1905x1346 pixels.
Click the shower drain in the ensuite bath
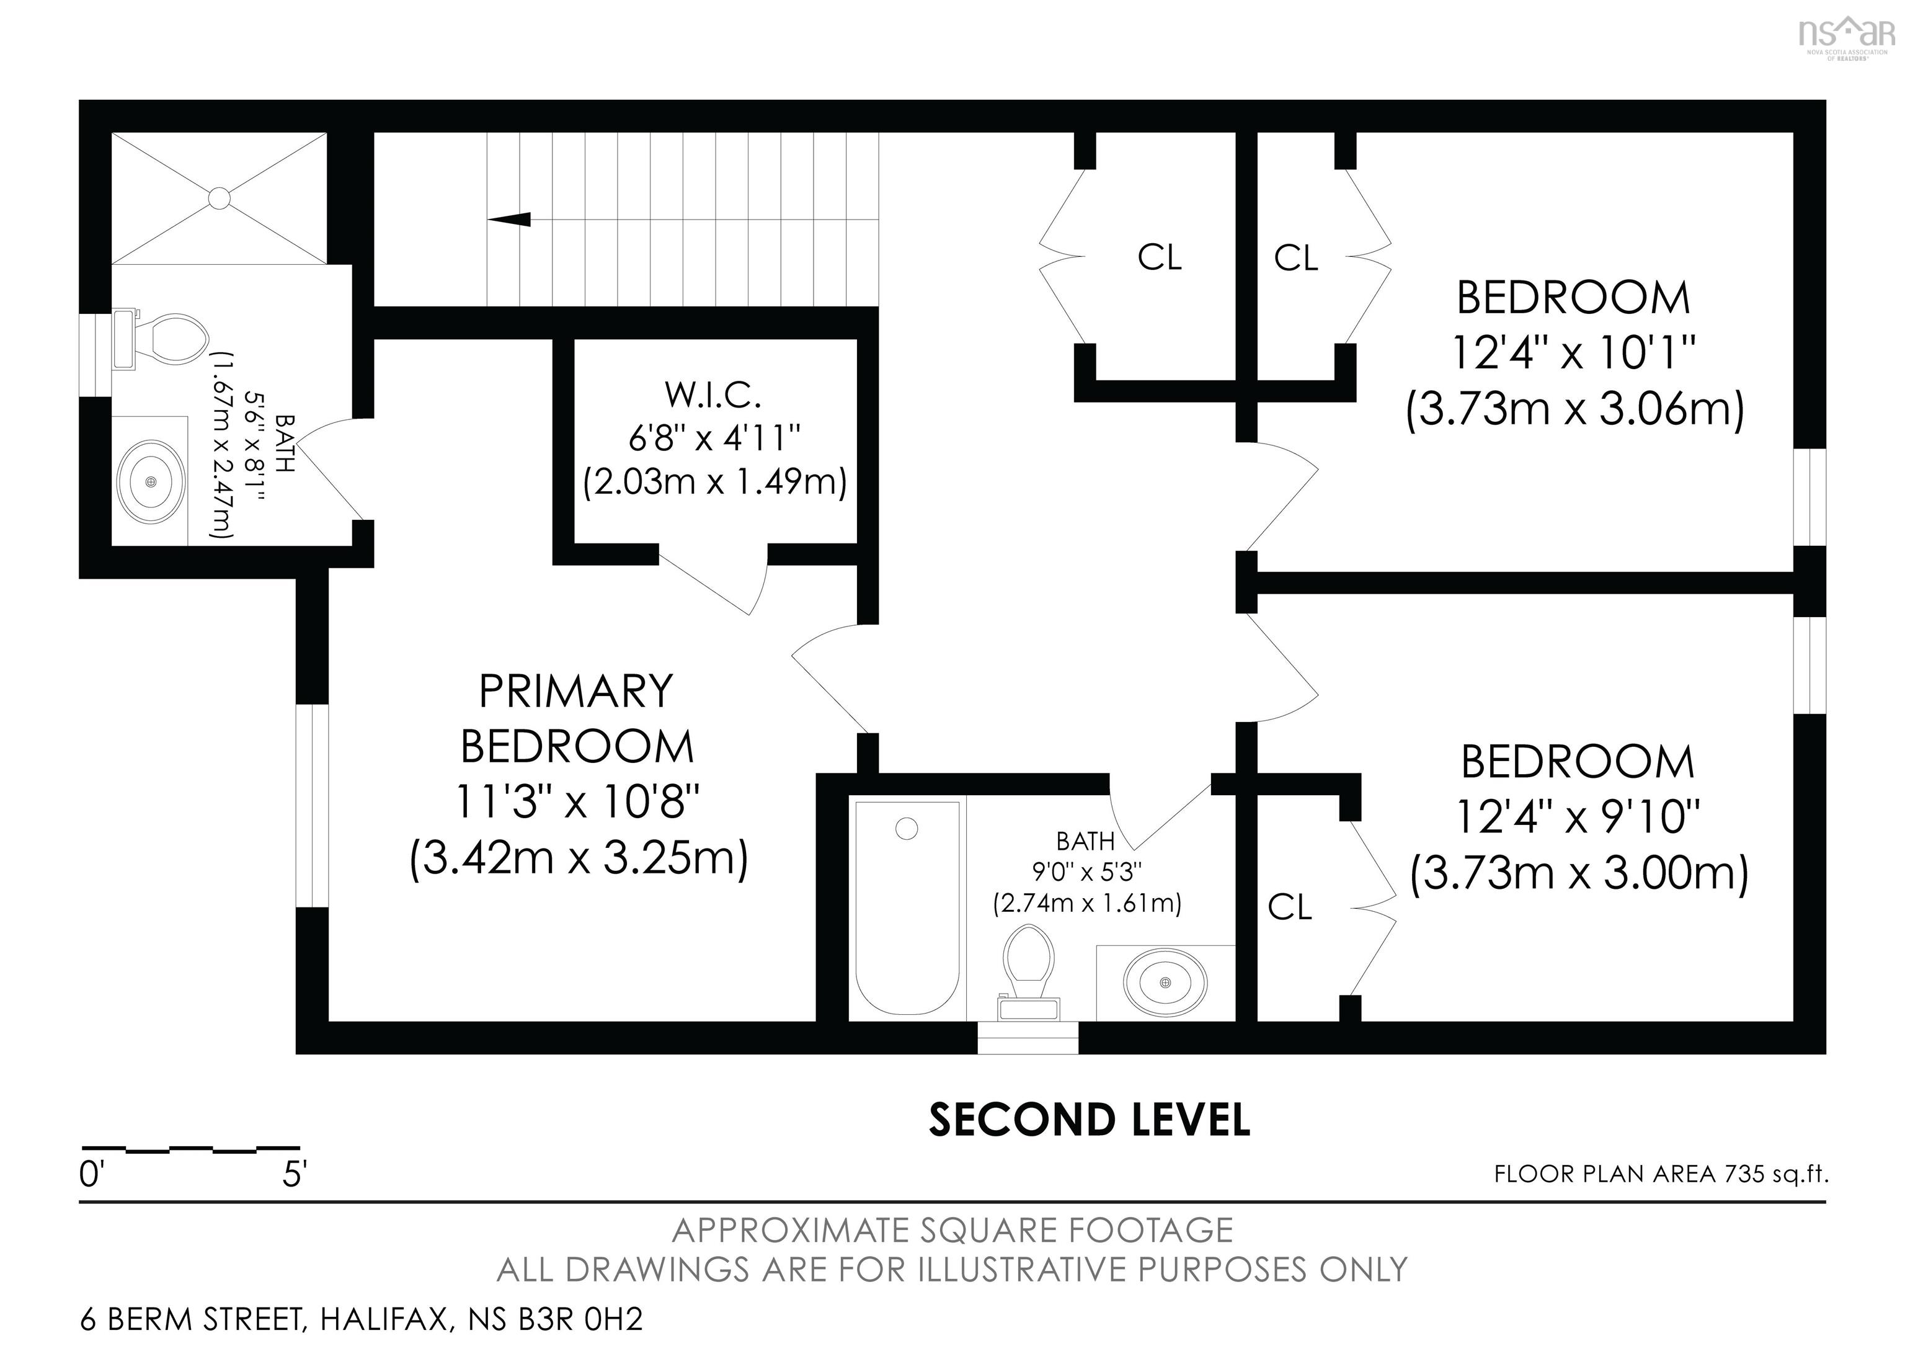point(219,197)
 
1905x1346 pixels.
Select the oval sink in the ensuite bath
point(150,481)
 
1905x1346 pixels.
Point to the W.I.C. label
point(713,396)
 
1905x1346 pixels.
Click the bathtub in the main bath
point(907,909)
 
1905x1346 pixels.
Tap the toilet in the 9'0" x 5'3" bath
point(1029,973)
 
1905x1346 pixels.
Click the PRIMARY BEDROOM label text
point(577,719)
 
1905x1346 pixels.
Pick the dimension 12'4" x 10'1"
point(1573,354)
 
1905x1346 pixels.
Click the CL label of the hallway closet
point(1159,257)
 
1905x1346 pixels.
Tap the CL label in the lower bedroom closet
point(1289,908)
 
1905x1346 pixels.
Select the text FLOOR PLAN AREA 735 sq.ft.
point(1661,1174)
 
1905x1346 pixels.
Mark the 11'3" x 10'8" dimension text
point(577,803)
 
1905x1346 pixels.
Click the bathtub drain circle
point(907,828)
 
